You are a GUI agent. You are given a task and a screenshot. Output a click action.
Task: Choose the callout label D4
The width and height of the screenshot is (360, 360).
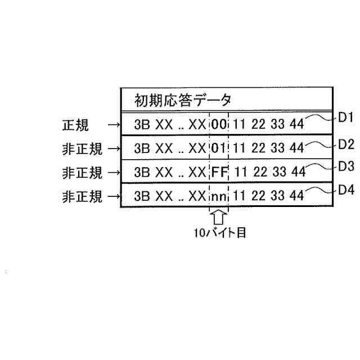tap(345, 191)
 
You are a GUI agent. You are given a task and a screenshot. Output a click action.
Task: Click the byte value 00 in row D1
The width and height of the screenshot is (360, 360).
tap(219, 125)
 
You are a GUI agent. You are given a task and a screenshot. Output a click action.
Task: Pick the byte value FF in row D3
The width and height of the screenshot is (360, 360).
tap(219, 172)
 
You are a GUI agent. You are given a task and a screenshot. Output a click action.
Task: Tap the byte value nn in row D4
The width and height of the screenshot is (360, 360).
tap(219, 196)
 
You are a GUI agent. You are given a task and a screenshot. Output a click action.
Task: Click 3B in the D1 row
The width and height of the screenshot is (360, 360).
tap(142, 125)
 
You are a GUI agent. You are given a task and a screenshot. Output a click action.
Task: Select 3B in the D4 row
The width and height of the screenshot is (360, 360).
tap(142, 196)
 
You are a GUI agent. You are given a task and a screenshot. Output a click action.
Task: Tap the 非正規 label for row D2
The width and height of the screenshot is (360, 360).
tap(82, 149)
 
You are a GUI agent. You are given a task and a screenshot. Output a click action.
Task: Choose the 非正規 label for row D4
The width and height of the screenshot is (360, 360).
tap(82, 197)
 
